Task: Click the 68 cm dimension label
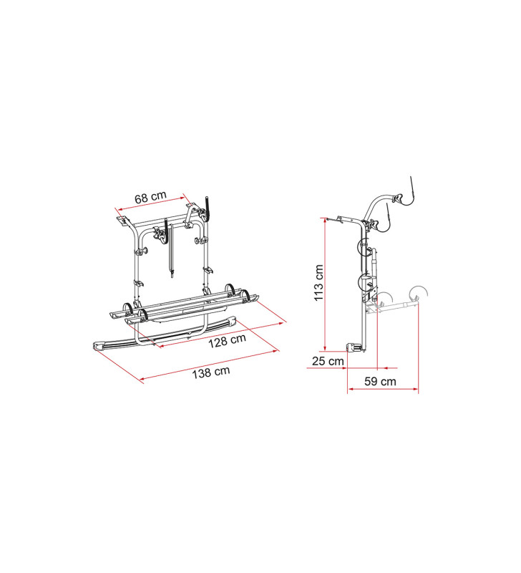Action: tap(152, 196)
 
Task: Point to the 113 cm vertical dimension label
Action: tap(318, 282)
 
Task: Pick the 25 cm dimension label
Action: tap(327, 360)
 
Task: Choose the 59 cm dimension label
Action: tap(380, 381)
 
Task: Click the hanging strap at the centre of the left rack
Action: tap(170, 247)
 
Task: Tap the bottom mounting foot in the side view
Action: tap(355, 347)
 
